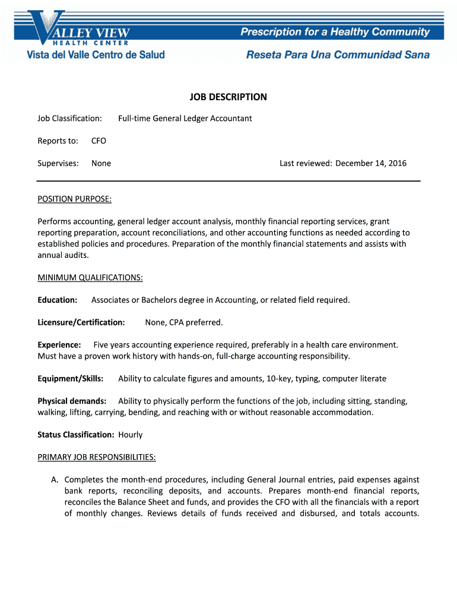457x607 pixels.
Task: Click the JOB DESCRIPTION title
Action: [x=228, y=97]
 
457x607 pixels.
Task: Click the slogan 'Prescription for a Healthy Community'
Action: [x=335, y=32]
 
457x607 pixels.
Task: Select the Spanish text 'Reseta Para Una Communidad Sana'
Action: [x=338, y=55]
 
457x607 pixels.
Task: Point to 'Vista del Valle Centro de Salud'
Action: [x=95, y=55]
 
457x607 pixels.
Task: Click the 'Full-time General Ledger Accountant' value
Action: [x=185, y=119]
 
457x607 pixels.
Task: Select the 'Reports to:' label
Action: [x=58, y=141]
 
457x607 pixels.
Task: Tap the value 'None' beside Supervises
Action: [x=101, y=164]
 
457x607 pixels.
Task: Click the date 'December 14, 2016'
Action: [x=371, y=164]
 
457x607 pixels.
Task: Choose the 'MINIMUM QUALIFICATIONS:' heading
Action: [x=90, y=277]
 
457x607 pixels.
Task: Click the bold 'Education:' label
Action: [x=58, y=300]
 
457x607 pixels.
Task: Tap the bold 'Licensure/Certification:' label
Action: [x=81, y=322]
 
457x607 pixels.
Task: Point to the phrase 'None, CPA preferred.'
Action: [x=184, y=322]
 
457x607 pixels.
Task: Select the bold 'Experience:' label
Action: [x=59, y=345]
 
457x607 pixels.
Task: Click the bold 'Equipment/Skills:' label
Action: [x=71, y=379]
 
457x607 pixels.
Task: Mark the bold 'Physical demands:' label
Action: [x=72, y=401]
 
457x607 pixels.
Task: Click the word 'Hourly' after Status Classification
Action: [x=131, y=435]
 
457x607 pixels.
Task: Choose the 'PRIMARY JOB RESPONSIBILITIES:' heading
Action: [x=97, y=457]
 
